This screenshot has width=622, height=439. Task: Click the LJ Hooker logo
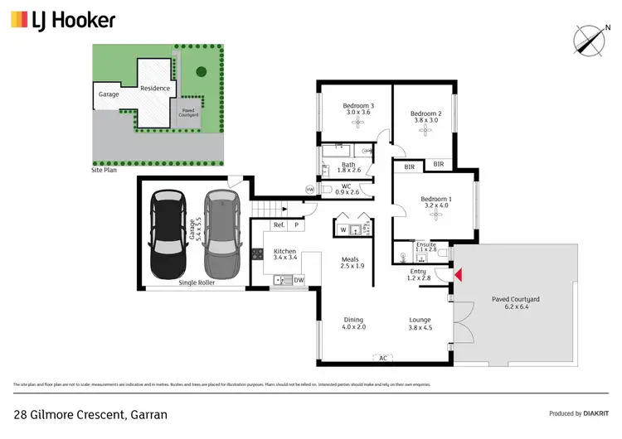[62, 20]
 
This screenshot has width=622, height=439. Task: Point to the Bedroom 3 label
[358, 107]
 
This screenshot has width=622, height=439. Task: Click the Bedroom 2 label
[424, 114]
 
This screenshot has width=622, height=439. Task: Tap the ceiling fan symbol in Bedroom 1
[435, 215]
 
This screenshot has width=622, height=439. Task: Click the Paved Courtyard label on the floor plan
[515, 299]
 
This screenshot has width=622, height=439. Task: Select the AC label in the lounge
[382, 359]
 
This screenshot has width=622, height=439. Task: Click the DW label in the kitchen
[299, 281]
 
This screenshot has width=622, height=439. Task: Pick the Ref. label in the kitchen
[279, 225]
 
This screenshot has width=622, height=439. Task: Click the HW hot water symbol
[310, 190]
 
